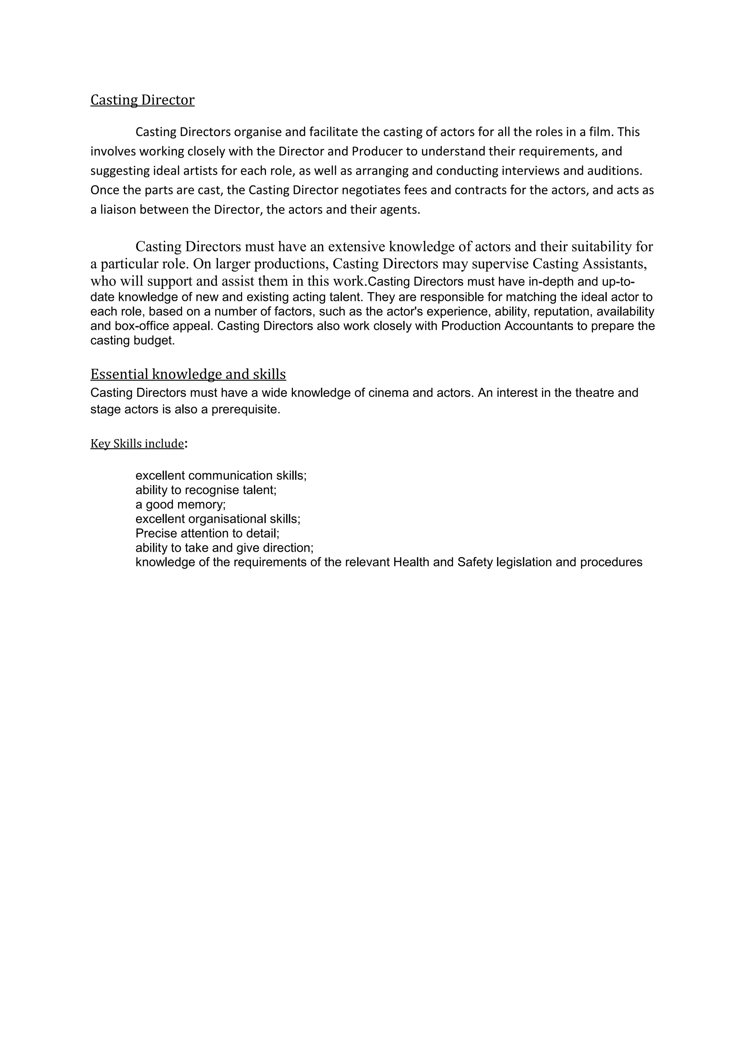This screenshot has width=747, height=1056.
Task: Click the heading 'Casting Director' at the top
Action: point(142,100)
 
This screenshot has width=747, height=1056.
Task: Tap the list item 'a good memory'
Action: point(180,505)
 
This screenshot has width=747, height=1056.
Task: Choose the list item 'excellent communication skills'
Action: point(221,475)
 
